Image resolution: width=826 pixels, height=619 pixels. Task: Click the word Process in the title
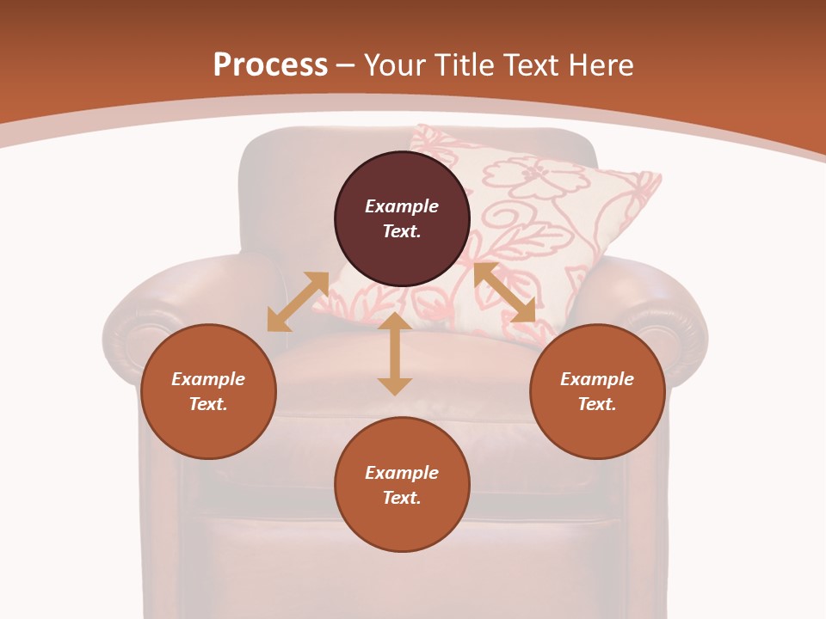click(270, 65)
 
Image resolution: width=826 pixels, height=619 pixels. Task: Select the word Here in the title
click(600, 65)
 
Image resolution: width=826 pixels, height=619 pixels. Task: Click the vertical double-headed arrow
click(395, 353)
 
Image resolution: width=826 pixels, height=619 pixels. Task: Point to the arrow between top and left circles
click(298, 302)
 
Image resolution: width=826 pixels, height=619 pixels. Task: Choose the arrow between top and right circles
click(504, 292)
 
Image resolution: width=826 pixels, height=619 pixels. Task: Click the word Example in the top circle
click(402, 206)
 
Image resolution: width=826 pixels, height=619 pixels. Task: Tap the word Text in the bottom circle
click(401, 498)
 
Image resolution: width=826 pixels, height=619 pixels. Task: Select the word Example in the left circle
click(208, 379)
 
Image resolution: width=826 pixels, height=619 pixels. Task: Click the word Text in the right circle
click(596, 404)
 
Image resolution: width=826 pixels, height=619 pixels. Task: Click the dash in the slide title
click(346, 65)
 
